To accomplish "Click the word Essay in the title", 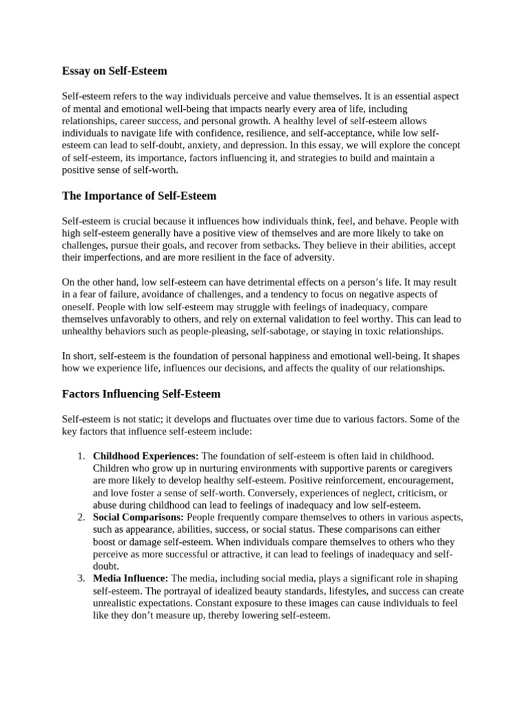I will coord(76,71).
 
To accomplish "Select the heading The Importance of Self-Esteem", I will coord(139,196).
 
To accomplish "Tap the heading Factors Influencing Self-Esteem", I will coord(141,394).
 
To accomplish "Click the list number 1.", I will coord(80,456).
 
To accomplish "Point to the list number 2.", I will coord(80,517).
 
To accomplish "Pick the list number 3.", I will coord(80,579).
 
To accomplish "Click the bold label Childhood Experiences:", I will coord(145,456).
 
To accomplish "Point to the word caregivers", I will coord(424,468).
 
